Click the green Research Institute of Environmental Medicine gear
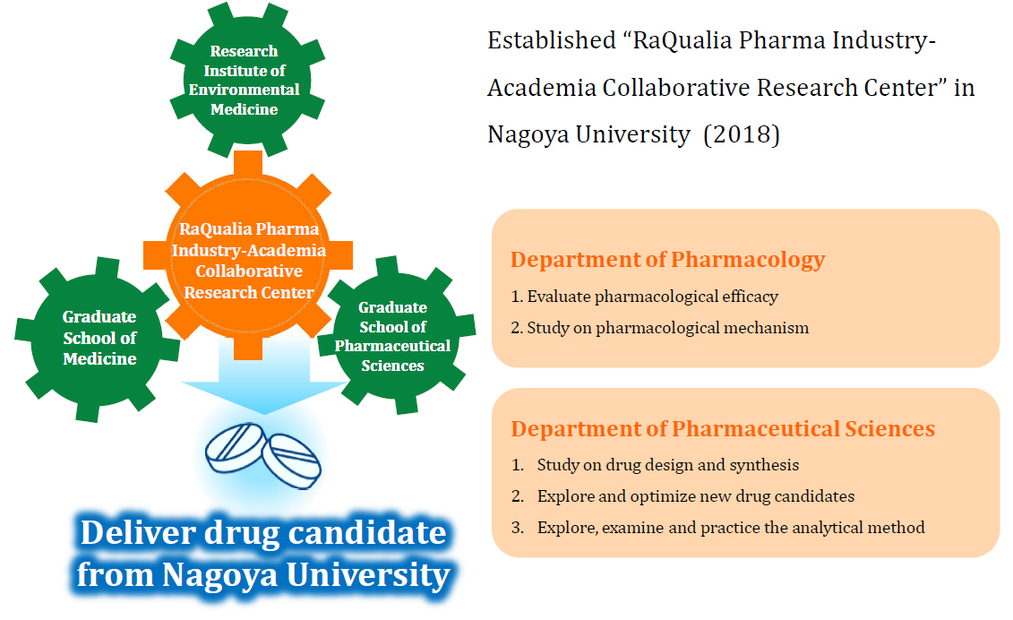point(246,80)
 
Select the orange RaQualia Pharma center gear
point(248,256)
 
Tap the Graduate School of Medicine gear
point(98,340)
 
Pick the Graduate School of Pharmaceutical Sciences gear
point(396,336)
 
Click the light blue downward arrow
point(263,382)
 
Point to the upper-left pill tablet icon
point(235,447)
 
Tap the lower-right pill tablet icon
point(291,461)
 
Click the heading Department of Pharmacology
point(667,259)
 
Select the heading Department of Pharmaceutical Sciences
point(723,428)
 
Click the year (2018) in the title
point(742,134)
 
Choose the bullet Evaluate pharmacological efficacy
point(644,297)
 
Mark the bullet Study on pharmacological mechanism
point(659,328)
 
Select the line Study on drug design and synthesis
point(655,465)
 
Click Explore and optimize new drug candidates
point(682,495)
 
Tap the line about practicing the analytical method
point(717,528)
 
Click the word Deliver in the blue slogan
point(138,533)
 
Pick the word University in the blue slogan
point(368,575)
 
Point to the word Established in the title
point(552,40)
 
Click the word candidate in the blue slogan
point(367,533)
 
